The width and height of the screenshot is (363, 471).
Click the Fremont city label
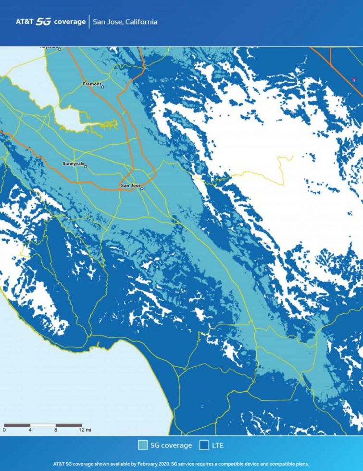tap(92, 84)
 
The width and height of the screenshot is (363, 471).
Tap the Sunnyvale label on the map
tap(73, 164)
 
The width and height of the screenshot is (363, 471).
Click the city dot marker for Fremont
tap(102, 87)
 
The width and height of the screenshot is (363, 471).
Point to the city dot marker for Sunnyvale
tap(86, 166)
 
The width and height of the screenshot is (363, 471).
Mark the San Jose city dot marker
tap(142, 188)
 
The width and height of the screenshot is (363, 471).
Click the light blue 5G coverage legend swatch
tap(142, 445)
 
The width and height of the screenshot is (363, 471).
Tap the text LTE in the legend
tap(218, 445)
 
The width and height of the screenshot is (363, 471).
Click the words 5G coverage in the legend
tap(172, 445)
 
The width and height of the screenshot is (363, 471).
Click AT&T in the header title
tap(25, 22)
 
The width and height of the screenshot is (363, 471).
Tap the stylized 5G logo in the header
tap(44, 22)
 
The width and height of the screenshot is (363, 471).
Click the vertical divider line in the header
tap(89, 22)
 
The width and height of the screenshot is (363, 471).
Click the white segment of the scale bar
tap(43, 425)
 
